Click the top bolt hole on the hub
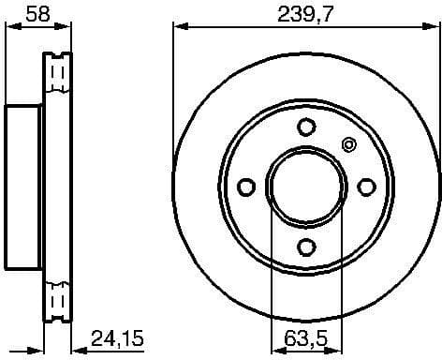coord(306,127)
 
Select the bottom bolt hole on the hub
coord(306,247)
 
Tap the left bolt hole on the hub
coord(247,187)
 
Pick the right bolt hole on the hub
coord(366,187)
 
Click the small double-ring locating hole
coord(350,144)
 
